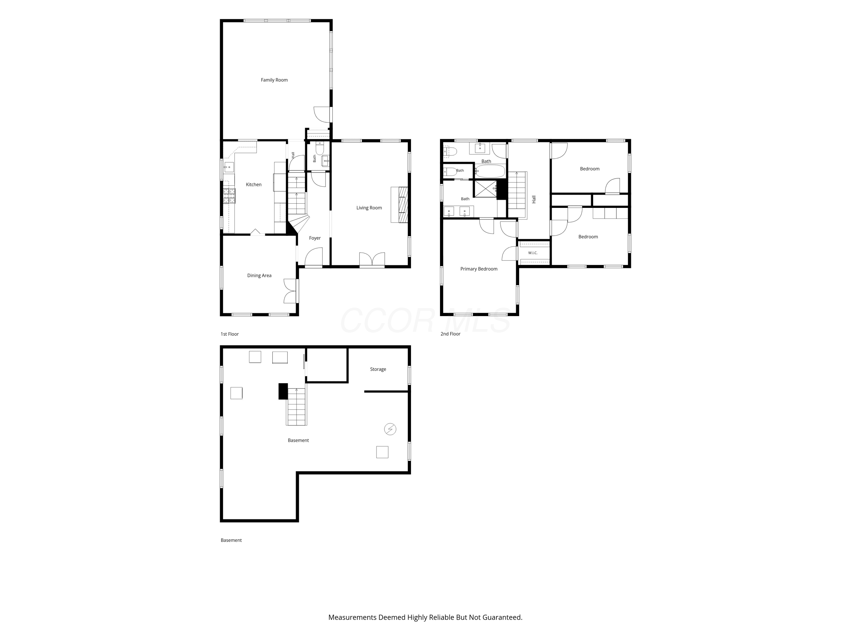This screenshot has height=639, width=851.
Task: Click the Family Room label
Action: (274, 80)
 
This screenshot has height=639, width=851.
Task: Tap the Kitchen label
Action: (254, 185)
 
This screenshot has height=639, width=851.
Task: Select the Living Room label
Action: (369, 208)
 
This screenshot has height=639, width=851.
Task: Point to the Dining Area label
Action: (259, 275)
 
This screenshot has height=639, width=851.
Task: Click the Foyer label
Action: (315, 238)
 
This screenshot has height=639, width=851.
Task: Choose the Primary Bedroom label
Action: (479, 269)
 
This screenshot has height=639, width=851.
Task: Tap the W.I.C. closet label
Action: (533, 253)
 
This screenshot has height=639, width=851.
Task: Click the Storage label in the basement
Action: (378, 369)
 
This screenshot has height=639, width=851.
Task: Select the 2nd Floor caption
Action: (450, 334)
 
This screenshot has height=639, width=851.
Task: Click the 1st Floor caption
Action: (230, 334)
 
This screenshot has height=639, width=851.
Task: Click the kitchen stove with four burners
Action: (229, 196)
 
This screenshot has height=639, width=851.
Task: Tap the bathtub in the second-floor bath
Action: (490, 171)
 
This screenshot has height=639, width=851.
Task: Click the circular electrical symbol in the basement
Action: (390, 429)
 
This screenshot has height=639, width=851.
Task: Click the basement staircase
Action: (296, 407)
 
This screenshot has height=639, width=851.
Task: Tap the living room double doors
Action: (372, 259)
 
